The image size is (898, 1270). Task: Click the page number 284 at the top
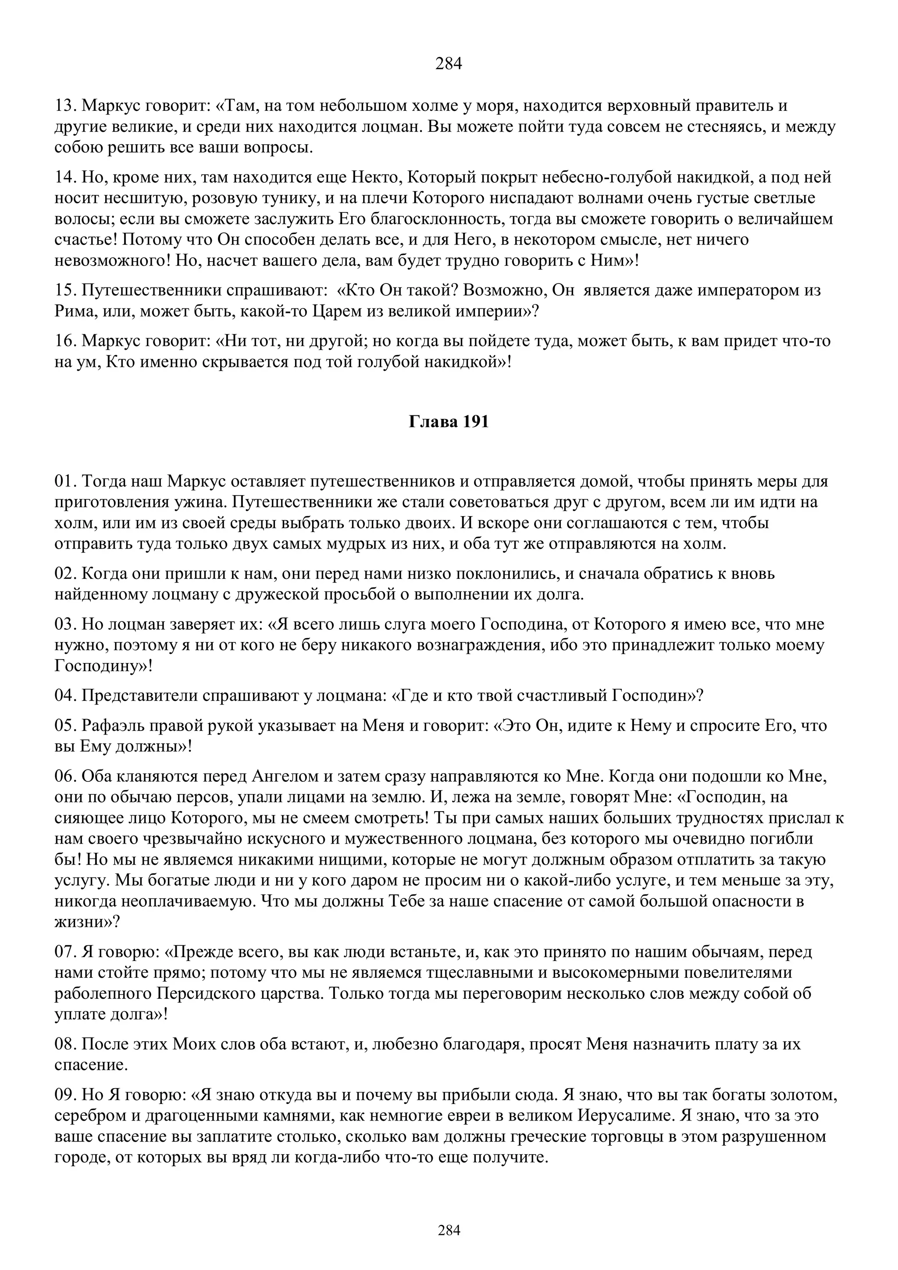[x=448, y=64]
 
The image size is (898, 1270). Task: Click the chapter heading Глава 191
[x=449, y=422]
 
